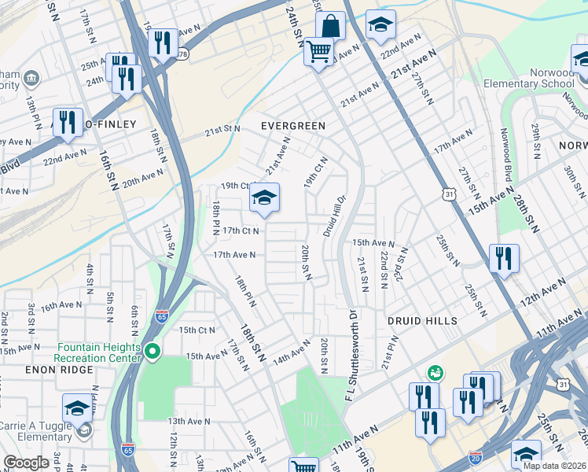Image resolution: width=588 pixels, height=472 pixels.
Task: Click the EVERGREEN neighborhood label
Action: [x=293, y=125]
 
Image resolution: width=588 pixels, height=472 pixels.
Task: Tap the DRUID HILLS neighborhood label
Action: [x=421, y=321]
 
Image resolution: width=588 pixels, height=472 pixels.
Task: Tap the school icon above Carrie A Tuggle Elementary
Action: [x=78, y=407]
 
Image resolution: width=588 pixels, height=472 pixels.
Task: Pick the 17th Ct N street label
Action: [x=241, y=230]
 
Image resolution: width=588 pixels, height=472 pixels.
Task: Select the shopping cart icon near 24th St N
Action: [x=318, y=53]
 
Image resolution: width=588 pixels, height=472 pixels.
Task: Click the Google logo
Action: [x=26, y=463]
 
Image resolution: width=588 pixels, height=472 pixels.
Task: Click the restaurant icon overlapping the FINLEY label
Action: [x=68, y=123]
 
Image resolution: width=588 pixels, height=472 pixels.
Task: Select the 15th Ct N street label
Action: [x=197, y=330]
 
